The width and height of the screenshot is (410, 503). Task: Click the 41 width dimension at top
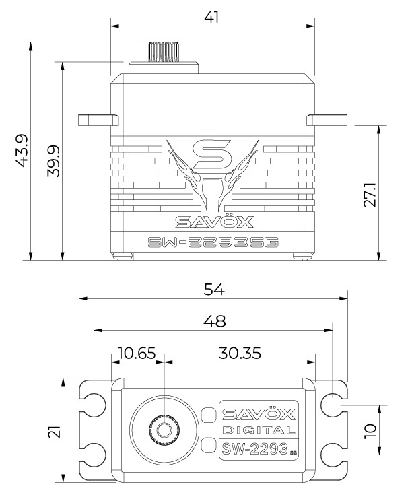click(x=211, y=16)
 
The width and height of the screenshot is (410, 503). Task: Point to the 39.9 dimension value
click(x=53, y=160)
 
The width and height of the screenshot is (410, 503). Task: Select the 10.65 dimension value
click(x=137, y=352)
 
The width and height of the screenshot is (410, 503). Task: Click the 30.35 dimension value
click(x=240, y=352)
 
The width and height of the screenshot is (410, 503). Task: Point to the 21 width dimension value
click(x=53, y=430)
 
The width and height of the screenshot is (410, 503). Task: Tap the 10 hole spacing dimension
click(x=368, y=430)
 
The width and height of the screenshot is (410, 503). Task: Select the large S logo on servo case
click(x=213, y=156)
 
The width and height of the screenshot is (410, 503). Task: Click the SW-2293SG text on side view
click(x=213, y=242)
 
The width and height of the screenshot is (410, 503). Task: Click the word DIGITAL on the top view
click(x=259, y=430)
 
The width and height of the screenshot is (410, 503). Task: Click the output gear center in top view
click(x=164, y=430)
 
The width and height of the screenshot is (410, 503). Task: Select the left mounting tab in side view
click(x=96, y=121)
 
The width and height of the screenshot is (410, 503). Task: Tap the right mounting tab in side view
click(x=328, y=121)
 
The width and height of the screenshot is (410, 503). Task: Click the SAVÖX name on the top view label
click(x=259, y=412)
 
